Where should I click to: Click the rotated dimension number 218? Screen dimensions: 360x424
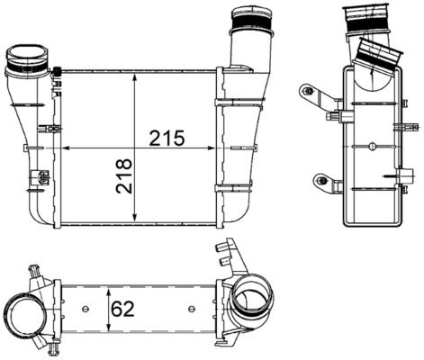point(122,178)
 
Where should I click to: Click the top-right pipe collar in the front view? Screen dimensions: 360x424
point(249,20)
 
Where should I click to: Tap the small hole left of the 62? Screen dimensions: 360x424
point(86,310)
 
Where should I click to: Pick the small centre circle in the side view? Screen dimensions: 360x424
point(369,145)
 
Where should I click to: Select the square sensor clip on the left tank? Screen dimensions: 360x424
point(40,176)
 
